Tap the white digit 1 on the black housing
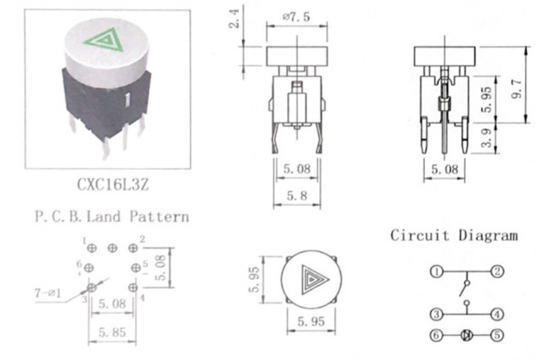click(127, 99)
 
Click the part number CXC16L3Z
click(112, 184)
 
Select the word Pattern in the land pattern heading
click(159, 217)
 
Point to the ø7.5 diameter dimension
click(296, 17)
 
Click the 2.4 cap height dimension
click(235, 18)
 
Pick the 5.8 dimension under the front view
click(296, 196)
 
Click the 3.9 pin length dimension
click(486, 138)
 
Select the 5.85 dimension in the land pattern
click(112, 332)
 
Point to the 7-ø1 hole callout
click(47, 292)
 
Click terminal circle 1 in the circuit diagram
click(436, 272)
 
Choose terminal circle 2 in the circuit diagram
click(497, 272)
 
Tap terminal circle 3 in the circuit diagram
click(436, 314)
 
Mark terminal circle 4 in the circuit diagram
click(497, 314)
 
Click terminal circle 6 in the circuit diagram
click(436, 336)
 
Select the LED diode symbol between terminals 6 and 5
click(467, 336)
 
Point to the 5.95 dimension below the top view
click(311, 321)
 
